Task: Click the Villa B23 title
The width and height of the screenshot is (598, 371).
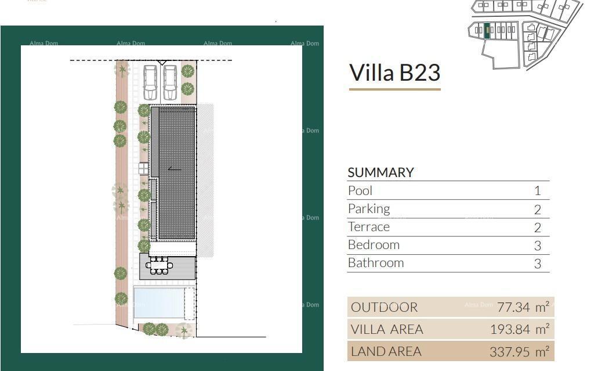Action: click(394, 73)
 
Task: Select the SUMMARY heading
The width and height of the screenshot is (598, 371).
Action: click(380, 172)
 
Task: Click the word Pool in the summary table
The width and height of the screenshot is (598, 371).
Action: click(360, 190)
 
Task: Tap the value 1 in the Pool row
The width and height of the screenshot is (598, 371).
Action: click(537, 191)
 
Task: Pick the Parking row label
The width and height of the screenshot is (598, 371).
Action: click(369, 208)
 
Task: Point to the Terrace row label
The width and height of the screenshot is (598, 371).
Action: click(369, 226)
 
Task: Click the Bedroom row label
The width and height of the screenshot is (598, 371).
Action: click(374, 244)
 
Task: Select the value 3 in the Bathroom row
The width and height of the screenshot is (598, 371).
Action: click(537, 264)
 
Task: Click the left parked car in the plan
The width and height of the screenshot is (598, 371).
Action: click(150, 82)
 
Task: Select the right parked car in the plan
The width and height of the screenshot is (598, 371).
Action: click(169, 82)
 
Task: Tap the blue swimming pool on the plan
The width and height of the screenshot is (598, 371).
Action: click(159, 303)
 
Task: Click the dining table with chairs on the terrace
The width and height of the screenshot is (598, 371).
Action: click(160, 266)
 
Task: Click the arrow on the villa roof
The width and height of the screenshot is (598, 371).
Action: click(174, 169)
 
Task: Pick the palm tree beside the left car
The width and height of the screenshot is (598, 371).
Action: click(122, 71)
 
